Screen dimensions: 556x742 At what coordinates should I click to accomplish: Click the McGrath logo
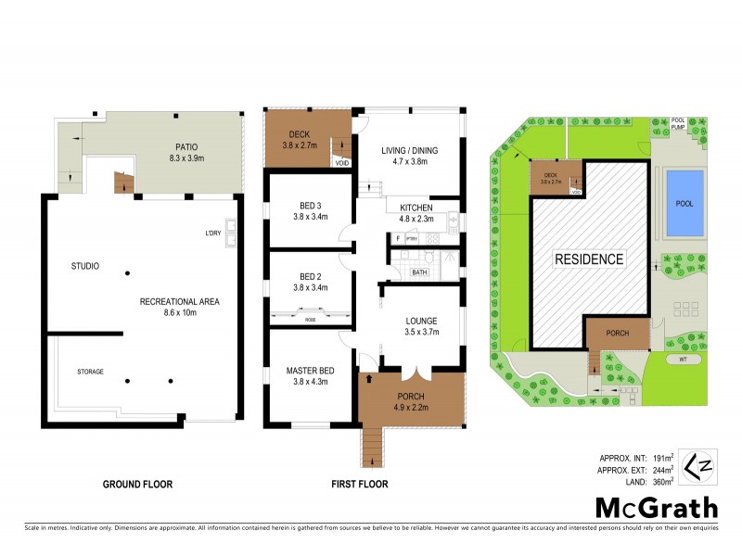tap(657, 507)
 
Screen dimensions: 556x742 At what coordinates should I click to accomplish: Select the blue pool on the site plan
tap(684, 203)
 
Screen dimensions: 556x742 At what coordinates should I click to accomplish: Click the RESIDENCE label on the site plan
tap(589, 259)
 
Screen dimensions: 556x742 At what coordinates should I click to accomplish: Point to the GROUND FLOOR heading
tap(137, 484)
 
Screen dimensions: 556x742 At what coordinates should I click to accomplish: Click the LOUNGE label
tap(420, 322)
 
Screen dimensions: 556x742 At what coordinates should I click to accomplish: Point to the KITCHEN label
tap(416, 207)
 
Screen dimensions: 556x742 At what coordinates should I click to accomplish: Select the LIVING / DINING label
tap(409, 150)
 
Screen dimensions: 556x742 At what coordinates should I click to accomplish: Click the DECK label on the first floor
tap(299, 133)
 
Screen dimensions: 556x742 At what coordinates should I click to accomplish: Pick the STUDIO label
tap(84, 267)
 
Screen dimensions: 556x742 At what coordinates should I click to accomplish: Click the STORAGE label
tap(90, 372)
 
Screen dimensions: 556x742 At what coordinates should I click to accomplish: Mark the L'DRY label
tap(213, 233)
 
